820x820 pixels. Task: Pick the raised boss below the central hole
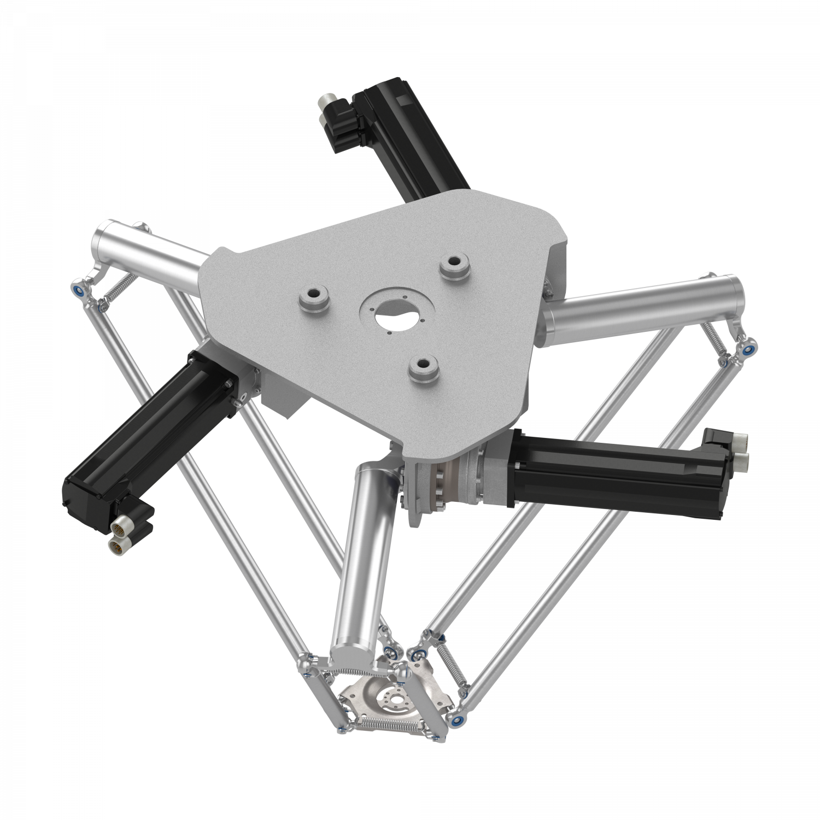pos(424,368)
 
